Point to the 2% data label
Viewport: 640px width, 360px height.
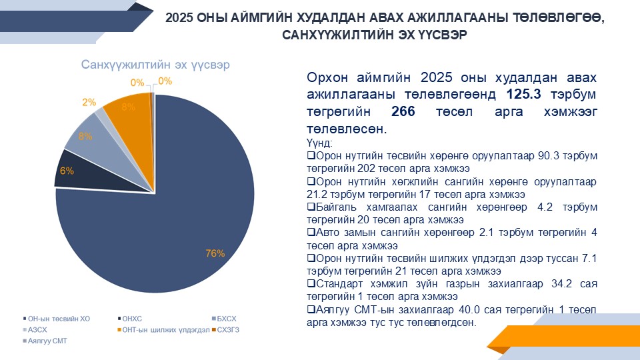coord(89,103)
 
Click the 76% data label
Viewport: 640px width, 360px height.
coord(215,253)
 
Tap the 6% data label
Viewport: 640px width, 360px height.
coord(67,171)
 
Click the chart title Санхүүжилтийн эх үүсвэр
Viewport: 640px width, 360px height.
coord(155,65)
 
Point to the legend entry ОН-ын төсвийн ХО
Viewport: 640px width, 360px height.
coord(59,319)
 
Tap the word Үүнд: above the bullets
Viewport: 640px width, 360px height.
coord(319,143)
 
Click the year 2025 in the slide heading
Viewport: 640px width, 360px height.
coord(179,19)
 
